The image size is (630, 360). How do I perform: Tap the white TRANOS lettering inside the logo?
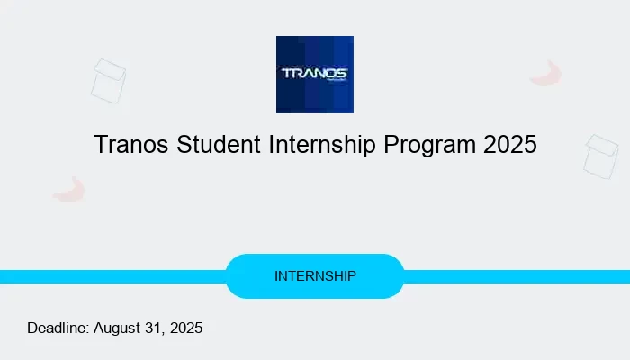314,73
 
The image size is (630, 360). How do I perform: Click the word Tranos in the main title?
127,144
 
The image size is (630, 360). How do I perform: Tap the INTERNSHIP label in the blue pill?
315,276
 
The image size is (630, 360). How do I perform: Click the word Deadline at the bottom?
58,328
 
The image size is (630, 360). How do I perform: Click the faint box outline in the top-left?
108,81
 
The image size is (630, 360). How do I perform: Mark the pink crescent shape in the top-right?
546,74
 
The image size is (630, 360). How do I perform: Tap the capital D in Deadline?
32,328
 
